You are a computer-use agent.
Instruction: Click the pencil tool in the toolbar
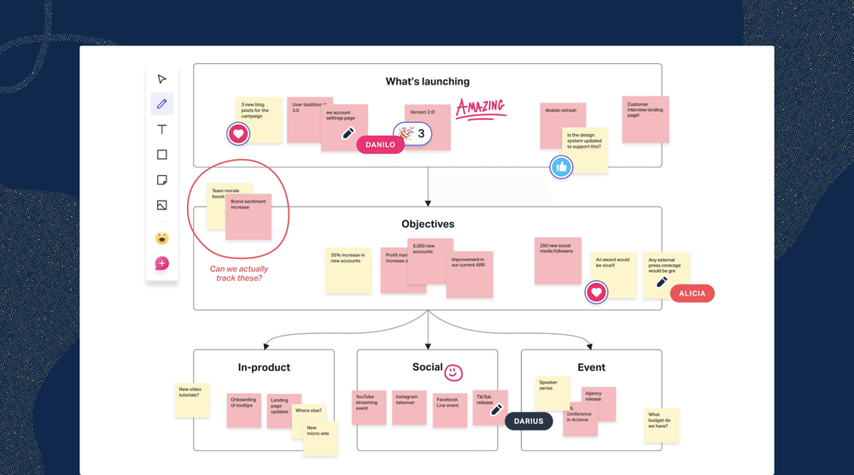(x=162, y=104)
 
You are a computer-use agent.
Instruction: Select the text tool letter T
(x=162, y=130)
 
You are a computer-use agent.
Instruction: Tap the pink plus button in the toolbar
(x=162, y=263)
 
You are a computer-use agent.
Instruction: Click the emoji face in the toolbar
(x=162, y=238)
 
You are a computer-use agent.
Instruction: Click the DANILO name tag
(x=380, y=144)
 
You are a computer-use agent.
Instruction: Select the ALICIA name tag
(x=692, y=293)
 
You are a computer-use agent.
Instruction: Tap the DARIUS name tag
(x=529, y=420)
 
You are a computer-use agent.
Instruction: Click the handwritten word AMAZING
(x=480, y=107)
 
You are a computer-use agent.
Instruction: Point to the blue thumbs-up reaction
(x=561, y=167)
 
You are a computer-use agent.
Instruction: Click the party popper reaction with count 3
(x=412, y=133)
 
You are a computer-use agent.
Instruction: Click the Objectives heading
(x=428, y=225)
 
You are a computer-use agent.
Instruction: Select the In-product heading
(x=264, y=367)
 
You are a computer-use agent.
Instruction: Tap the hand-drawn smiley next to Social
(x=453, y=372)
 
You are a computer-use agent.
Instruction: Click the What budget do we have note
(x=662, y=424)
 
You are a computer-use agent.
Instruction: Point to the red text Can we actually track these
(x=239, y=273)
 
